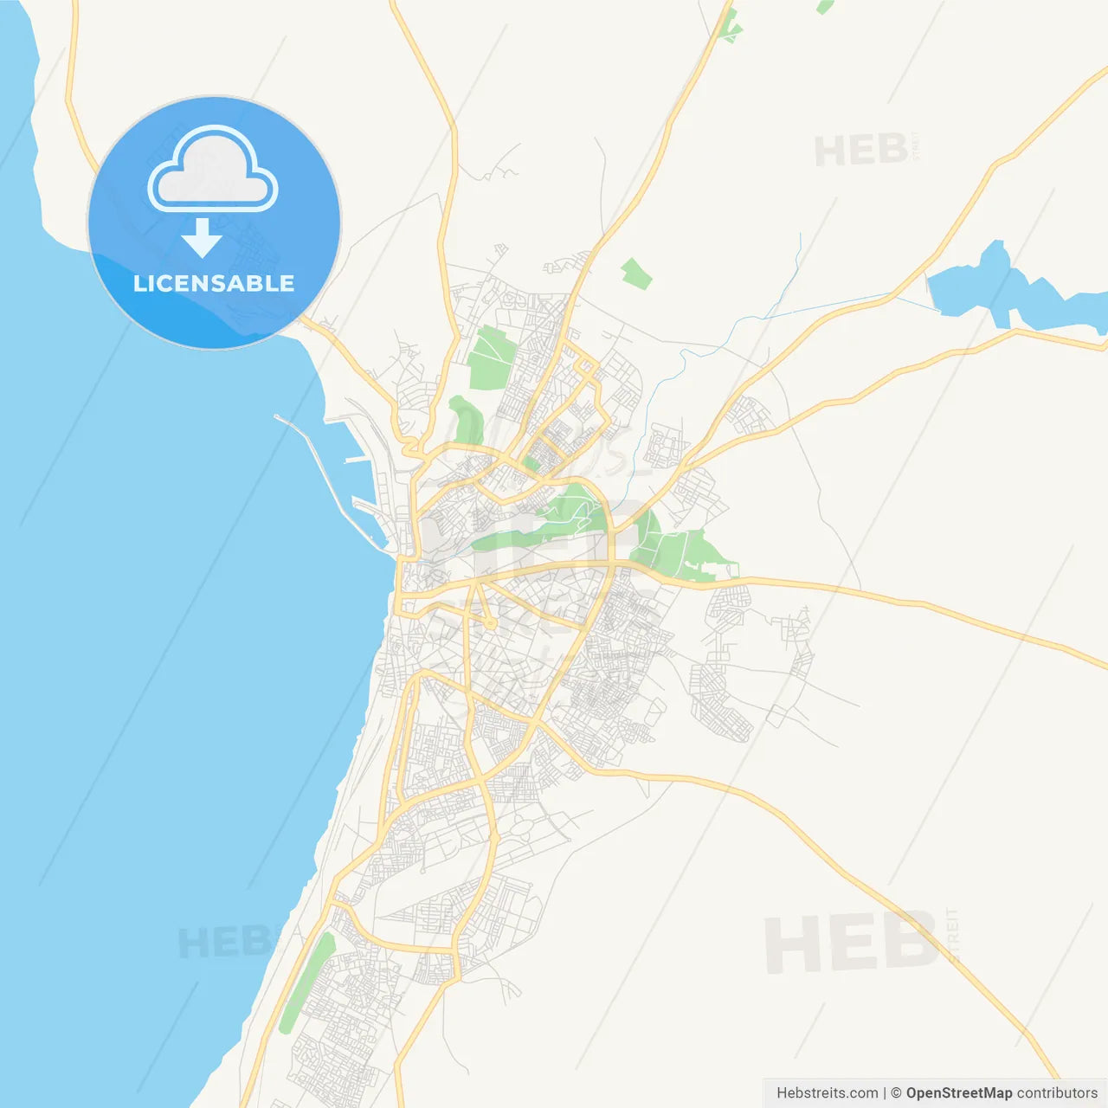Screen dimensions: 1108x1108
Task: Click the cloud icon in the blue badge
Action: (213, 170)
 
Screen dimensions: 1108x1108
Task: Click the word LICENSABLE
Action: (214, 283)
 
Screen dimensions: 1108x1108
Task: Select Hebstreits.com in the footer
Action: (827, 1092)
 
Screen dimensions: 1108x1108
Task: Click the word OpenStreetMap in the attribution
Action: (958, 1092)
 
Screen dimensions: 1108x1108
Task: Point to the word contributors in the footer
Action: (1057, 1092)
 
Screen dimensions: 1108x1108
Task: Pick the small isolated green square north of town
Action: (636, 274)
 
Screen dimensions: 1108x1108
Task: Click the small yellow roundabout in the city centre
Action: (490, 623)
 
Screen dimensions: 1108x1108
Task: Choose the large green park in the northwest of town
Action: (490, 357)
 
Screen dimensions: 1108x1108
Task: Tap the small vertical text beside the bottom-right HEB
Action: (953, 933)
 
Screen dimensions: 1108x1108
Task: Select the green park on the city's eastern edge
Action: (684, 550)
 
